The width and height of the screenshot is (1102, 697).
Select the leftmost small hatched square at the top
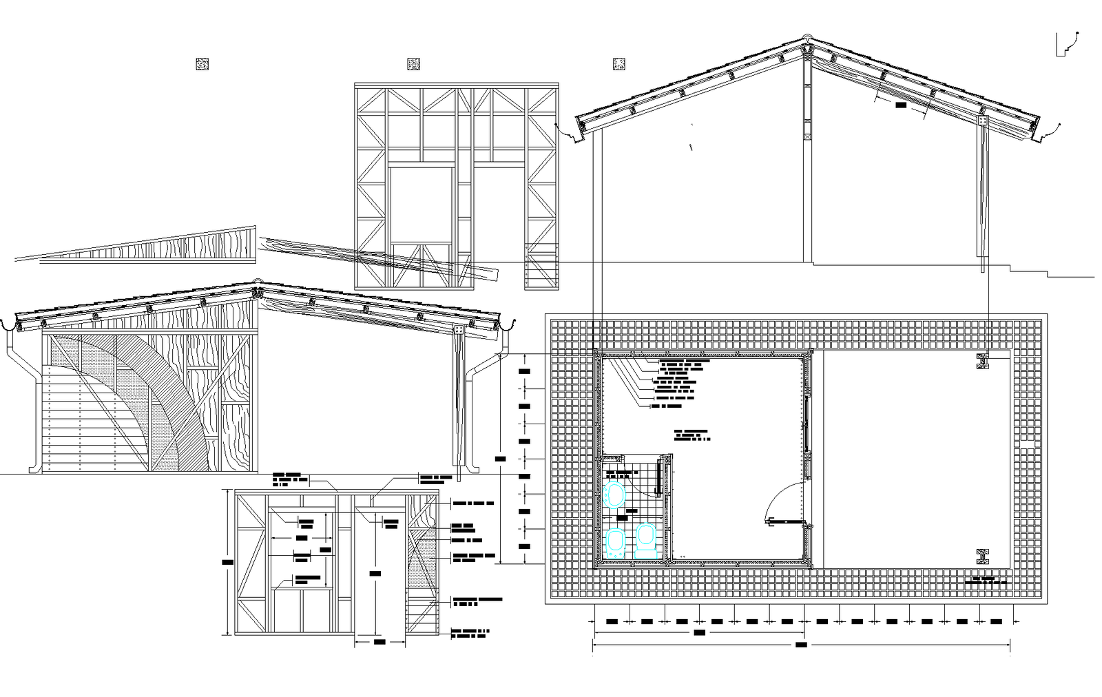202,64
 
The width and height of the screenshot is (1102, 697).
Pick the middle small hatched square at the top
413,64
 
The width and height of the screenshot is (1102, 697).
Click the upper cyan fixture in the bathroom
614,495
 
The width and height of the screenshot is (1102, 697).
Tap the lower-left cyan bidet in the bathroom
615,543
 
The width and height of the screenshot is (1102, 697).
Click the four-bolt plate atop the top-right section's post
983,121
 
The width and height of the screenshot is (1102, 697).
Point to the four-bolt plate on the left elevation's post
459,331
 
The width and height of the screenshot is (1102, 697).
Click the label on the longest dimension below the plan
801,645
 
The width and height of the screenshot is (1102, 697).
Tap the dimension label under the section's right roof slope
902,105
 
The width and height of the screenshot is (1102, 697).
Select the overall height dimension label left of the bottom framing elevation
228,562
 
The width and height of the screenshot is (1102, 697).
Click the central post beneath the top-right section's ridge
807,158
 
